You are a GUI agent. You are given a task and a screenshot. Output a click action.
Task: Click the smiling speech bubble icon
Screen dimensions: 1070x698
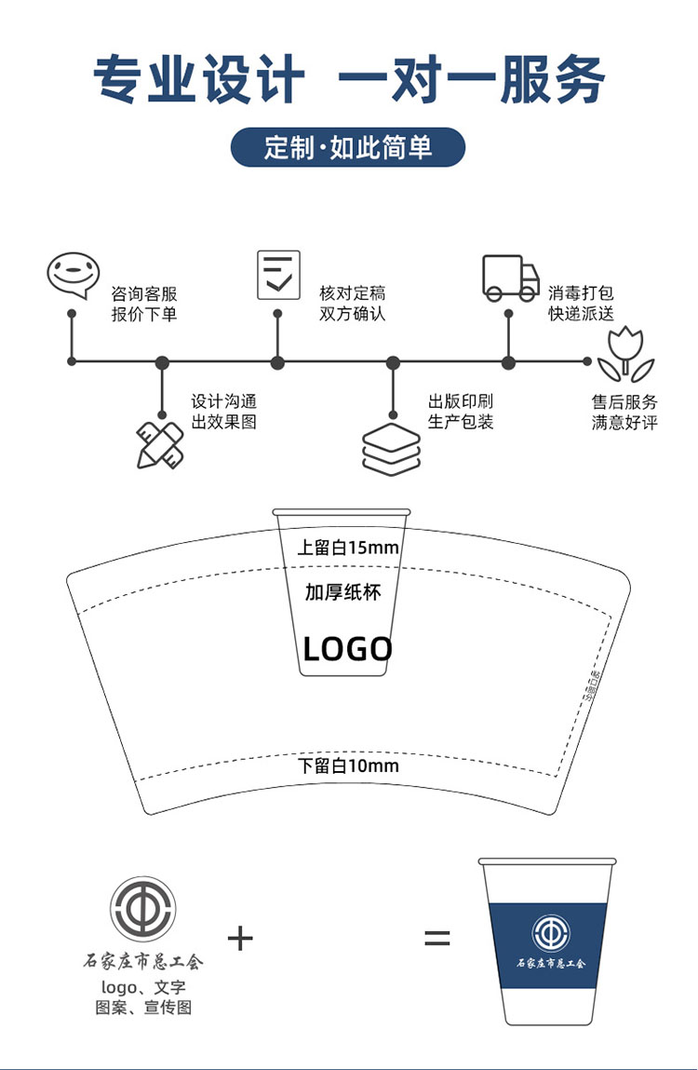(x=73, y=275)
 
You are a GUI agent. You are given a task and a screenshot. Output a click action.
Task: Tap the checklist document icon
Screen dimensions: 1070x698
(x=278, y=275)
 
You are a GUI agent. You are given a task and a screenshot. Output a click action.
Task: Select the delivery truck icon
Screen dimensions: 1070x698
(x=510, y=278)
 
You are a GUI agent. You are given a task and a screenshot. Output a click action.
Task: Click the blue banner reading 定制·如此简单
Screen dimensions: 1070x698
(x=348, y=147)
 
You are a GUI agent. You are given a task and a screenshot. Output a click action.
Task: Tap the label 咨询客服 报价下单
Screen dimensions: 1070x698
(x=144, y=304)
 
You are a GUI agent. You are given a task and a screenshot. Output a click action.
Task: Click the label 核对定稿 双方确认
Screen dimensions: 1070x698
(x=352, y=304)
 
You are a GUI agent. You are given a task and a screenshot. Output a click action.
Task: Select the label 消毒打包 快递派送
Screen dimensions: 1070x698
(x=581, y=304)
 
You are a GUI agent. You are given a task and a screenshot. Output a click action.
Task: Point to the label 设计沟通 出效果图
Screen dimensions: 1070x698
(x=224, y=412)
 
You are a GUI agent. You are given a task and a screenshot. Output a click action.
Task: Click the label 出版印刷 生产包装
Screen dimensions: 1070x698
(x=461, y=412)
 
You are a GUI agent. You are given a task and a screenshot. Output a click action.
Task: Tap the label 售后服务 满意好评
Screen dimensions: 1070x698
(x=624, y=412)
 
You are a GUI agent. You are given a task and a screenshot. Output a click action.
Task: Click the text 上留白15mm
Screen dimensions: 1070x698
(x=348, y=547)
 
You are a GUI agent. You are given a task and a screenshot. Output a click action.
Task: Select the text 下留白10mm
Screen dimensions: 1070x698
(x=348, y=765)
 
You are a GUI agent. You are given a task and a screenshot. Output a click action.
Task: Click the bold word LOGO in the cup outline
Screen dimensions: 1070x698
(x=348, y=648)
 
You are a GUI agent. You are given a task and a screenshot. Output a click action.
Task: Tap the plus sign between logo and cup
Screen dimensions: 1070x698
(x=240, y=937)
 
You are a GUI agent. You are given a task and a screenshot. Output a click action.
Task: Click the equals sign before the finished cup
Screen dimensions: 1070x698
(x=437, y=938)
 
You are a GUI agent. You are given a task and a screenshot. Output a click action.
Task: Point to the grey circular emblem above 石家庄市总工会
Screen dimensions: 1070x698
(x=142, y=908)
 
